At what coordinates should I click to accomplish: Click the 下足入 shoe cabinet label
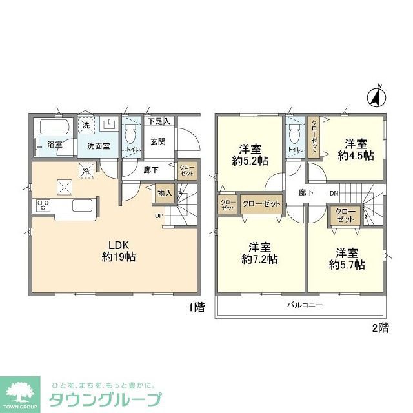[x=158, y=121]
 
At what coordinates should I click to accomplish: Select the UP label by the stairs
[x=158, y=216]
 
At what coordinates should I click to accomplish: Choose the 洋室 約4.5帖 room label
[x=356, y=149]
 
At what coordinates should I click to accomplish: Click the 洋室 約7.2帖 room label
[x=259, y=253]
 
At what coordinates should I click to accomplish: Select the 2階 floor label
[x=380, y=328]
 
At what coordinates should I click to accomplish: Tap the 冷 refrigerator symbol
[x=85, y=171]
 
